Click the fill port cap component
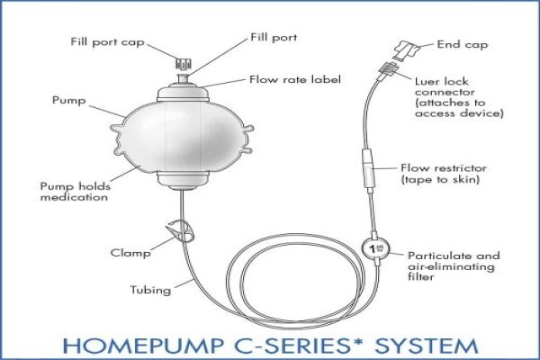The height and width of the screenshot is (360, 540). tap(184, 63)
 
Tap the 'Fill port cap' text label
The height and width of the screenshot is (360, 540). tap(107, 42)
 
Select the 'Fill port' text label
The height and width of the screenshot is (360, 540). tap(274, 38)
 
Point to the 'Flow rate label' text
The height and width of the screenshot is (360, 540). tap(295, 79)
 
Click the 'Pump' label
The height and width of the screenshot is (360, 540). tap(69, 101)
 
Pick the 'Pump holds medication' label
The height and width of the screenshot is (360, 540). tap(76, 192)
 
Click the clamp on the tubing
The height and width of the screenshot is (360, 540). tap(181, 230)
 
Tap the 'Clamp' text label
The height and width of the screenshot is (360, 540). tap(130, 253)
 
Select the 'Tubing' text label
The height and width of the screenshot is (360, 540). tap(150, 290)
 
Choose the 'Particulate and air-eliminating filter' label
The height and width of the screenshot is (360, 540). tap(454, 266)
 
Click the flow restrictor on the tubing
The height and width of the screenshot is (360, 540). tap(368, 171)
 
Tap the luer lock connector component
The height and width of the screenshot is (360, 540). tap(387, 69)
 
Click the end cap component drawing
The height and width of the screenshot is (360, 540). tap(408, 50)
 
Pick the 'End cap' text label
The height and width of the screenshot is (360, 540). tap(463, 45)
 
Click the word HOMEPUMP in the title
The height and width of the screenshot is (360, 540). tap(141, 346)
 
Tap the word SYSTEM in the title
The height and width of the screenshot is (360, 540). tap(427, 346)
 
